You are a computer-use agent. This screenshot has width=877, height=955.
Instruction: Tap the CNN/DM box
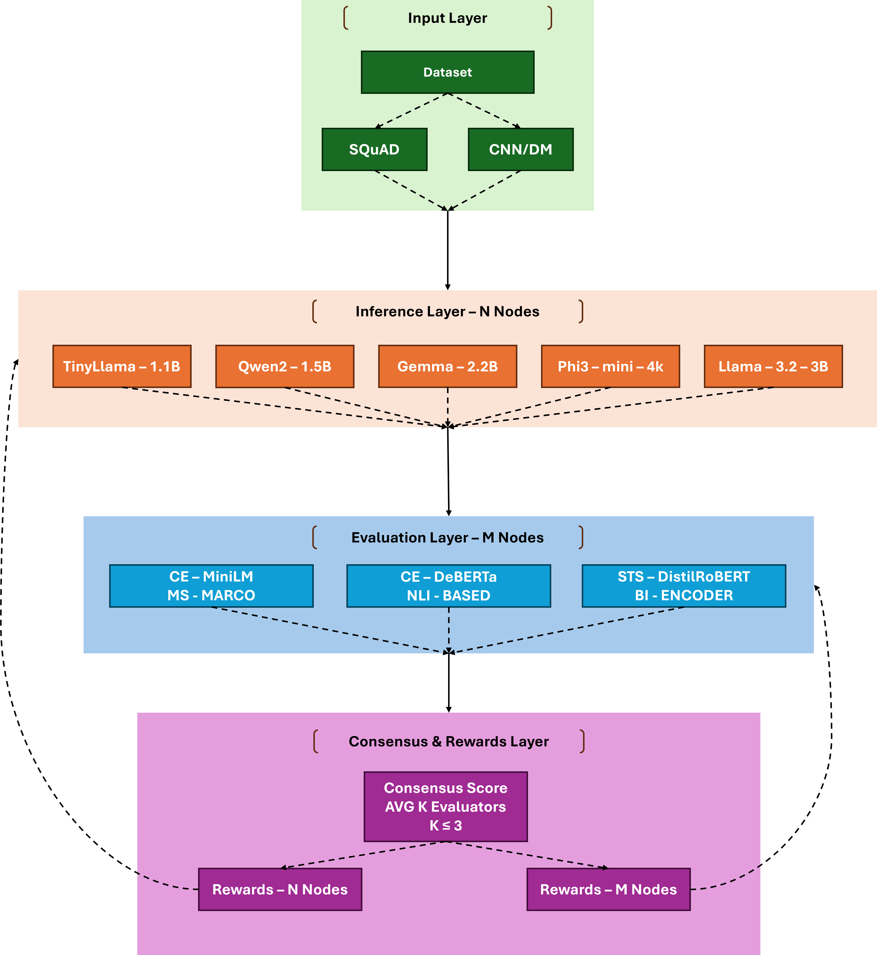coord(521,149)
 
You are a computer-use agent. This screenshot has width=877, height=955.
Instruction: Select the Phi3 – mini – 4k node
coord(610,366)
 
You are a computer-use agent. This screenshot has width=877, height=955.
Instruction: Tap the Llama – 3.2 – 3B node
coord(773,366)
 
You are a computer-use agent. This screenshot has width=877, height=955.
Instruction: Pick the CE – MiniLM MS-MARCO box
coord(211,586)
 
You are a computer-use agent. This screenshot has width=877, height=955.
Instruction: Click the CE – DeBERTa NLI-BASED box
coord(449,586)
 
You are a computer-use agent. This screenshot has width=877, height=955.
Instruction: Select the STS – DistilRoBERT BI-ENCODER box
coord(684,586)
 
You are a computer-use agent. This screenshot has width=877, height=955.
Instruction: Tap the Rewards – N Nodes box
coord(280,889)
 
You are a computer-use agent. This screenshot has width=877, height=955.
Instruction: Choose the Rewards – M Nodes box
coord(608,889)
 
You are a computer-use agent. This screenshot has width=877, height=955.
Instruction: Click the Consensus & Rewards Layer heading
coord(449,741)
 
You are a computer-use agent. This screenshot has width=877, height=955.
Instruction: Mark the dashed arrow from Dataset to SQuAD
coord(411,111)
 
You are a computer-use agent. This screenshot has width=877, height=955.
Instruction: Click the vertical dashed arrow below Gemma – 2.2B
coord(447,406)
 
